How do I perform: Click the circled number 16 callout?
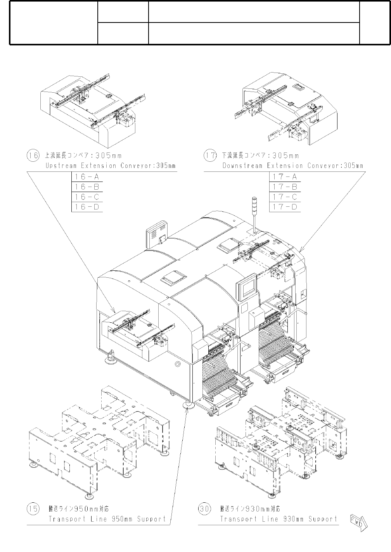pyautogui.click(x=33, y=156)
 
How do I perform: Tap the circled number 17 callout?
pyautogui.click(x=210, y=156)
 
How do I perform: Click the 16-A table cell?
pyautogui.click(x=87, y=177)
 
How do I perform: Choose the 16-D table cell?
pyautogui.click(x=87, y=207)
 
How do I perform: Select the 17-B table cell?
pyautogui.click(x=285, y=187)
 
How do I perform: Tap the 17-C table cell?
pyautogui.click(x=285, y=197)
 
